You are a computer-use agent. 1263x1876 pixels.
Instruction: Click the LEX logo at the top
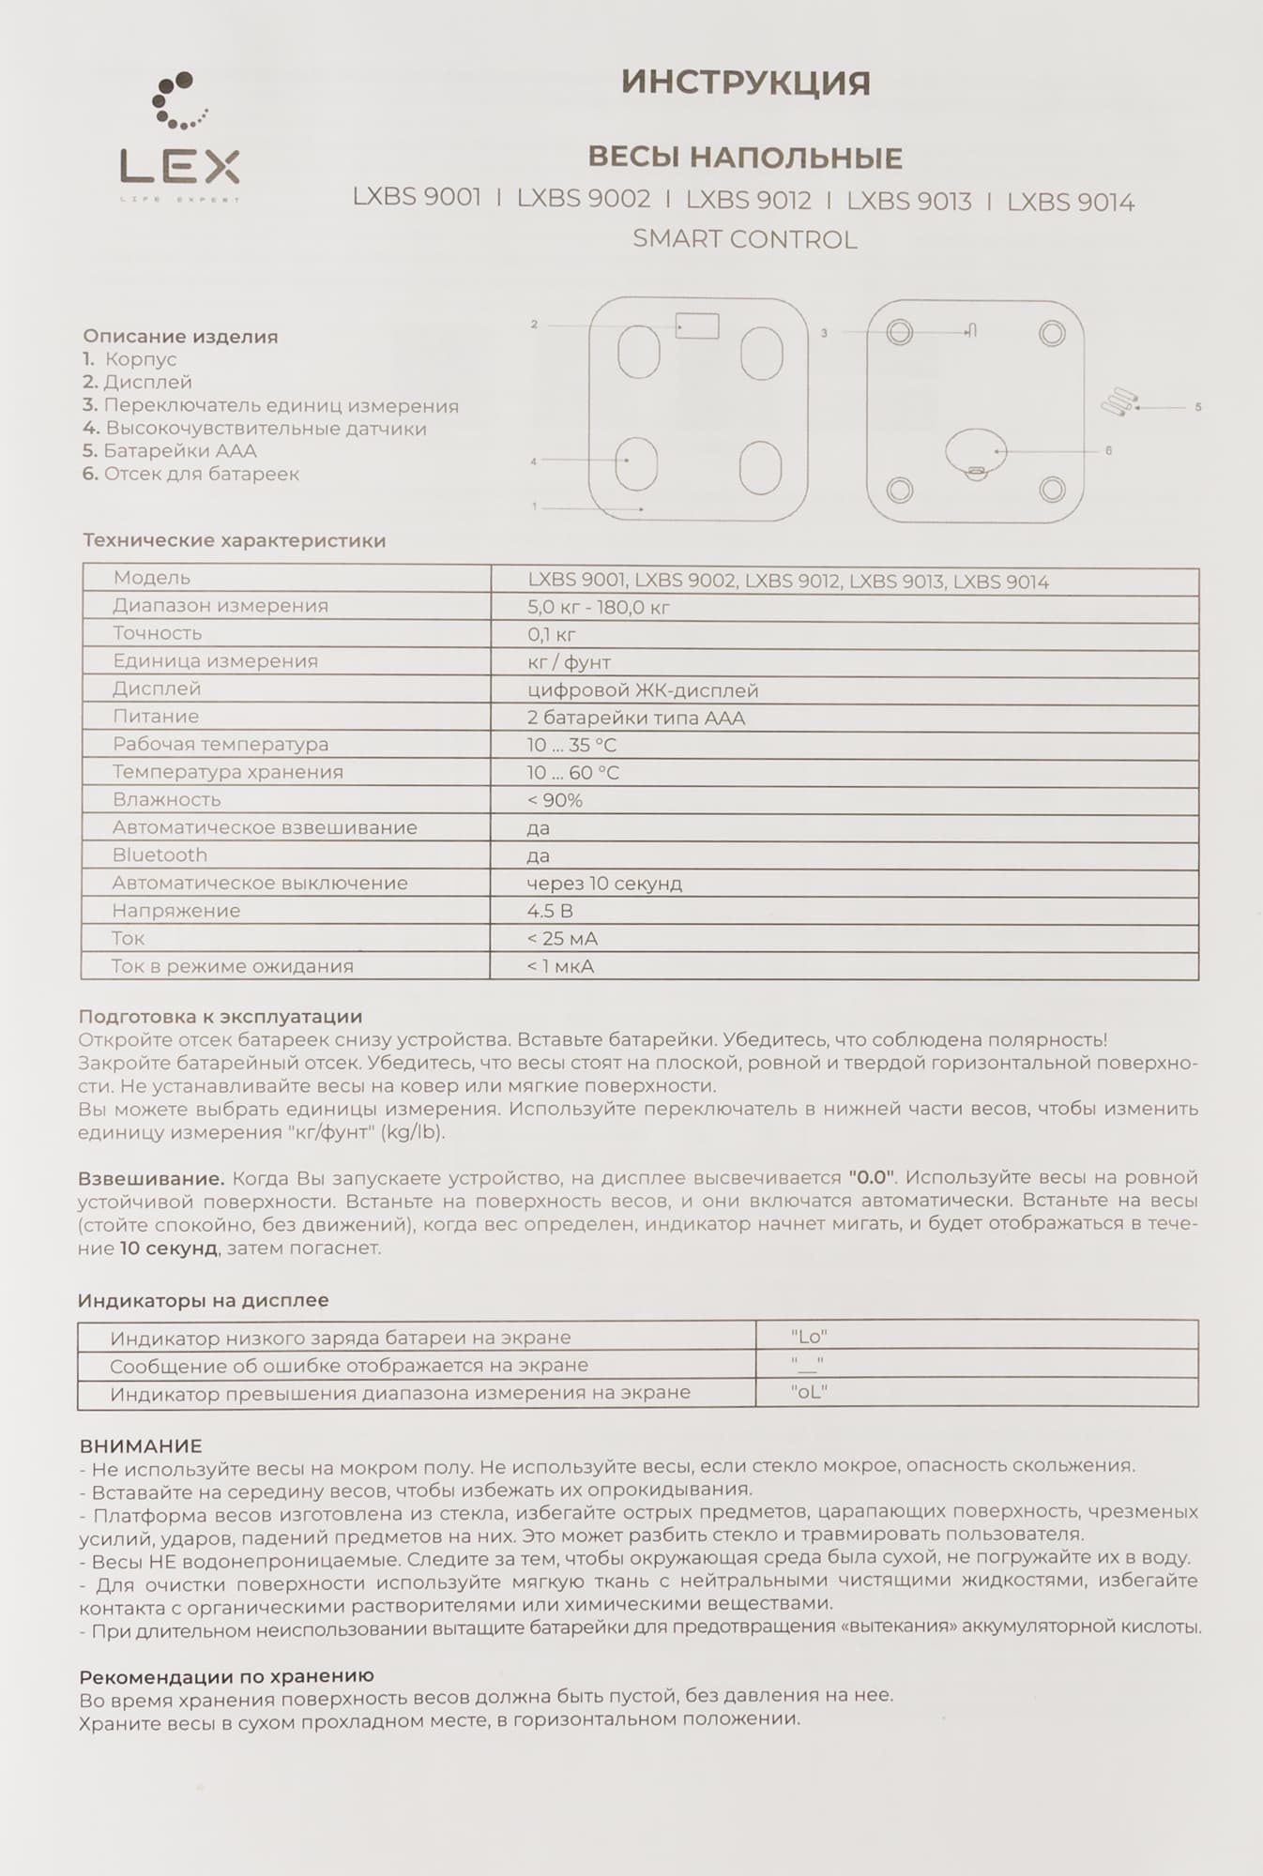[x=179, y=141]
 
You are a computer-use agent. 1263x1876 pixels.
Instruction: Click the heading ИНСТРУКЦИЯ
[x=746, y=83]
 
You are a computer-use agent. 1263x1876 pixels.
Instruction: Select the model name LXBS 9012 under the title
[x=748, y=200]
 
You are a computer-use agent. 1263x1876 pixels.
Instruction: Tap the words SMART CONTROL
[x=744, y=240]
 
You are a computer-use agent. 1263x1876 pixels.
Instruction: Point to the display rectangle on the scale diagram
[x=697, y=325]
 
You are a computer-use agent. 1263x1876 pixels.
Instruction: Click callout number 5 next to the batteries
[x=1197, y=407]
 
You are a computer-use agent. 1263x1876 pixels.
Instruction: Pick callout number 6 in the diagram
[x=1108, y=451]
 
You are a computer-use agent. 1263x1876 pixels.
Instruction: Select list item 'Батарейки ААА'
[x=180, y=451]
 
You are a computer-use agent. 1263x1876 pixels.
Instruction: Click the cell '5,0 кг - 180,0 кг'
[x=599, y=608]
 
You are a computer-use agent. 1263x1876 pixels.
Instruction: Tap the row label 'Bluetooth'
[x=160, y=855]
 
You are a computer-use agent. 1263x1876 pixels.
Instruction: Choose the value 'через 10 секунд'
[x=604, y=884]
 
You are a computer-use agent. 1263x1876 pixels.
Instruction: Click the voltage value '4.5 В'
[x=550, y=911]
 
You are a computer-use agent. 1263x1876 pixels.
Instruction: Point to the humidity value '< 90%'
[x=555, y=800]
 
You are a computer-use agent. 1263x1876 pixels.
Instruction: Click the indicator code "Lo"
[x=809, y=1337]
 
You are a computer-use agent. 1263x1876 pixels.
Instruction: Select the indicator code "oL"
[x=809, y=1393]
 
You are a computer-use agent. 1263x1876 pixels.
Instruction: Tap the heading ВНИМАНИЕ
[x=141, y=1446]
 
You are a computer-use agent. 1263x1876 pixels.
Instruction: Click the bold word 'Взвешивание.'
[x=151, y=1178]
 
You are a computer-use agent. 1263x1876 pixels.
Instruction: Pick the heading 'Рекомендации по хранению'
[x=226, y=1676]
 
